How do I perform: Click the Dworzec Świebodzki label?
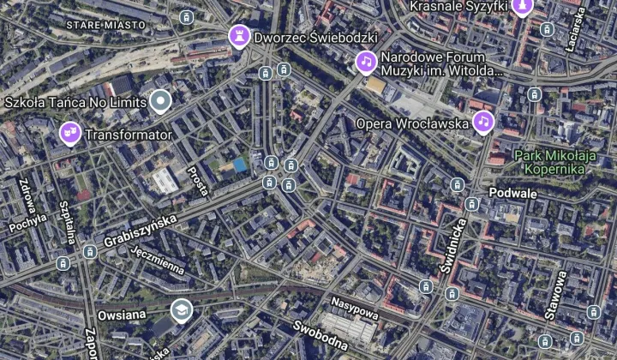point(316,38)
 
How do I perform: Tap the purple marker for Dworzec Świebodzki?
point(239,36)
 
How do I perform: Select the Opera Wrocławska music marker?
point(483,123)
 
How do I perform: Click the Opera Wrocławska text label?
point(413,123)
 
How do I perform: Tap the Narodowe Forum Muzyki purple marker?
point(366,62)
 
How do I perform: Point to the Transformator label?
point(129,135)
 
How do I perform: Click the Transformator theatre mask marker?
point(70,133)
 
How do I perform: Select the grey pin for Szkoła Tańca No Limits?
point(160,102)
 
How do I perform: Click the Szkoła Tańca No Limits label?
point(75,103)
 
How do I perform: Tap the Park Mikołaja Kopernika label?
point(554,162)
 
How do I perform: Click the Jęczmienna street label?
point(159,258)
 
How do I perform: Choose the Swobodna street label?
point(320,337)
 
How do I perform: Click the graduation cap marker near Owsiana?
point(181,310)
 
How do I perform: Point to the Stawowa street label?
point(554,295)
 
